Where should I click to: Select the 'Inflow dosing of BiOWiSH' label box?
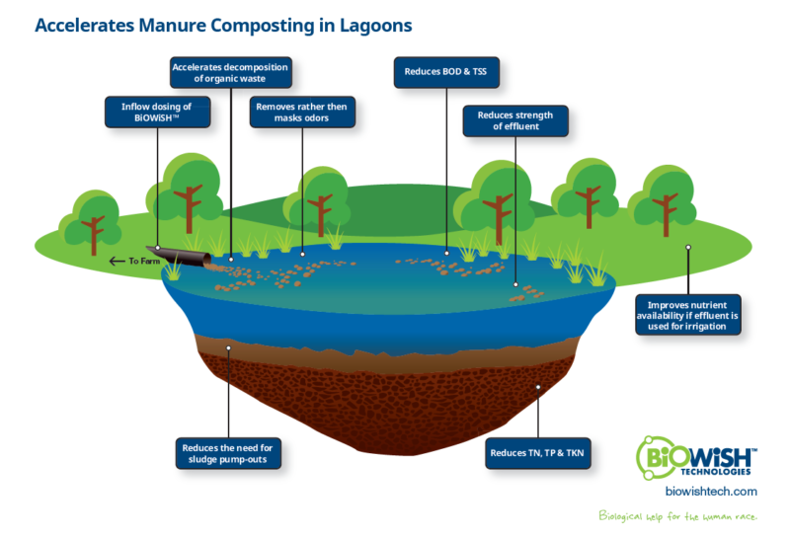157,112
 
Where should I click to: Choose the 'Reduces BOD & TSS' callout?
445,71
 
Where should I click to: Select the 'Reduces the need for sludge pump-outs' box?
226,453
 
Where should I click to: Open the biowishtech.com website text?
711,490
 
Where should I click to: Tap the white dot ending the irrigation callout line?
688,248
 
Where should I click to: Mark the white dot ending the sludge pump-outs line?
229,347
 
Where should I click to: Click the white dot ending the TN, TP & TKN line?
538,387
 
